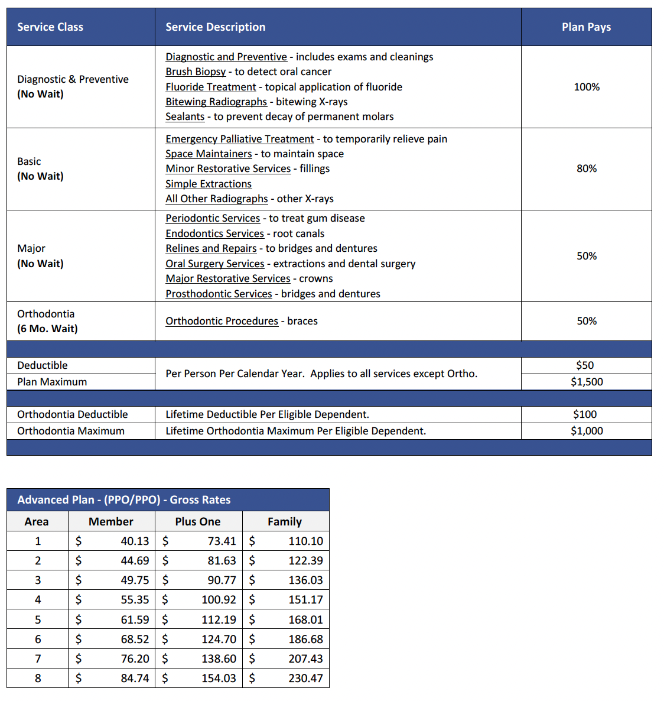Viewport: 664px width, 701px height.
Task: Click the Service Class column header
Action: [x=50, y=27]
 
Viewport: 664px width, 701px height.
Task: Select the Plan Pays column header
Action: [x=586, y=27]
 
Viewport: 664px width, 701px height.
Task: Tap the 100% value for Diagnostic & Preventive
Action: [x=587, y=87]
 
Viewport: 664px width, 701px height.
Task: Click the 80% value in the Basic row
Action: [x=587, y=168]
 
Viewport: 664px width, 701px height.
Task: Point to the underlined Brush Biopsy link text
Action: [x=196, y=72]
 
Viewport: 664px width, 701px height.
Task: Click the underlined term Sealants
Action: [x=185, y=116]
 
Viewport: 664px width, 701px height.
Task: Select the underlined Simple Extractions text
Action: [x=209, y=184]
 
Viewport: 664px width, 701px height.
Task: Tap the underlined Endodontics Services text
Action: [x=214, y=233]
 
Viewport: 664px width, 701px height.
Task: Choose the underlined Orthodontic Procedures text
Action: [x=222, y=321]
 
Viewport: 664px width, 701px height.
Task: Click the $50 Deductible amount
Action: [x=585, y=365]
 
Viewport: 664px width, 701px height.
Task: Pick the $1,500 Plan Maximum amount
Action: [x=587, y=382]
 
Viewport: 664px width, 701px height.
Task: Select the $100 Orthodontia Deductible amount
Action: [x=585, y=414]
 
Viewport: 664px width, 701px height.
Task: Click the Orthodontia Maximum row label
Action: [x=71, y=431]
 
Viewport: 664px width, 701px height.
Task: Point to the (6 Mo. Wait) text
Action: [x=47, y=329]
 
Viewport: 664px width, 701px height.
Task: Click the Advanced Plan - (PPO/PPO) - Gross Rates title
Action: [x=124, y=499]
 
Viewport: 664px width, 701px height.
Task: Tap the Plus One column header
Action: [x=198, y=521]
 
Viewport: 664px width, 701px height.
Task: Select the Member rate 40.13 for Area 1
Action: [x=135, y=541]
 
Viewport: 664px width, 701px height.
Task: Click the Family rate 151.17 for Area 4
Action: [x=305, y=599]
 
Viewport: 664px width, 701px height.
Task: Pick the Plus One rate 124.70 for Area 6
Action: [x=219, y=639]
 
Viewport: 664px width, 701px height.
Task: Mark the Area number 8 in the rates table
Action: [x=38, y=678]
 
